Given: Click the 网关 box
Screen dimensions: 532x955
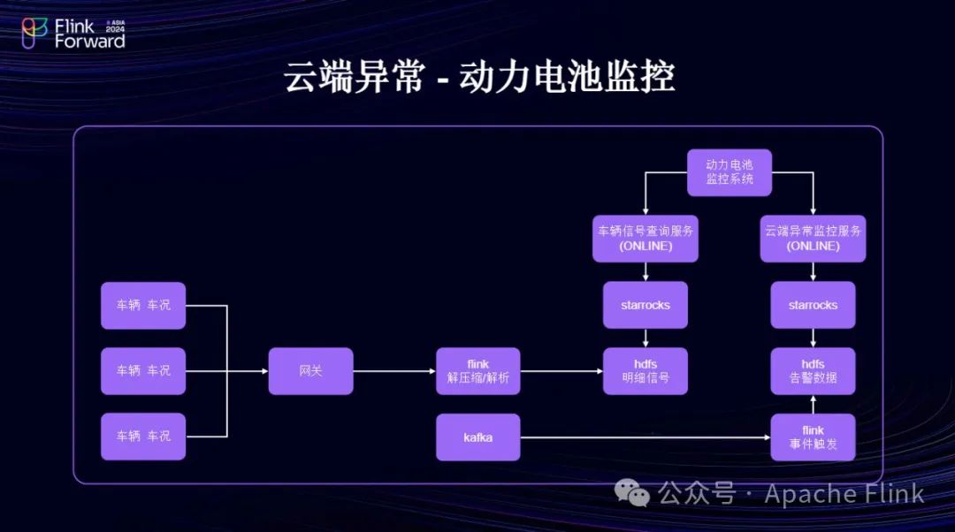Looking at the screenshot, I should pyautogui.click(x=310, y=371).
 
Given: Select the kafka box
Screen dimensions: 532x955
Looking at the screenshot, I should pyautogui.click(x=477, y=437).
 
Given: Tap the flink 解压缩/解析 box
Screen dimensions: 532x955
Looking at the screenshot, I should pyautogui.click(x=477, y=371).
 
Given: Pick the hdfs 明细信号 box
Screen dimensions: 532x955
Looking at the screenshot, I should pyautogui.click(x=646, y=371).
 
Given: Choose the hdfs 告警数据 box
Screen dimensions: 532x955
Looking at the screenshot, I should pyautogui.click(x=813, y=371).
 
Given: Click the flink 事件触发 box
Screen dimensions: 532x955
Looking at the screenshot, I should pyautogui.click(x=813, y=437).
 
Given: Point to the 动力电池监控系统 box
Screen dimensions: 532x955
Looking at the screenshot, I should pyautogui.click(x=730, y=172).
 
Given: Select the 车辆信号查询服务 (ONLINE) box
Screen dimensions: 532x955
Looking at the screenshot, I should pyautogui.click(x=646, y=238).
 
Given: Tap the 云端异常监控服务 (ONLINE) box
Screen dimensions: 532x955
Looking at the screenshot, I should pyautogui.click(x=813, y=238).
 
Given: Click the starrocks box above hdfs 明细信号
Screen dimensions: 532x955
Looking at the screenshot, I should pyautogui.click(x=646, y=305).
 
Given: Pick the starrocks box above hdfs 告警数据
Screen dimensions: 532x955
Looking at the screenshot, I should pyautogui.click(x=813, y=305).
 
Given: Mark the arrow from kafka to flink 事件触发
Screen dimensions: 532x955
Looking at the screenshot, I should pyautogui.click(x=646, y=437).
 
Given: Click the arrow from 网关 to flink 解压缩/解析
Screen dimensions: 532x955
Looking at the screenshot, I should pyautogui.click(x=393, y=371).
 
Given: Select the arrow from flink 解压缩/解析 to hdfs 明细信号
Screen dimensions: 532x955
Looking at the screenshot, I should pyautogui.click(x=562, y=371).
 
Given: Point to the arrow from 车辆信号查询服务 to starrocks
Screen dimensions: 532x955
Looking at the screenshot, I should pyautogui.click(x=646, y=271).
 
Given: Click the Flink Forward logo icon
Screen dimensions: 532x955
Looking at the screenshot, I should pyautogui.click(x=34, y=34).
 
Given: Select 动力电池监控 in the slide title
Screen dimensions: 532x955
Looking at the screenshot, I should pyautogui.click(x=567, y=77).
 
